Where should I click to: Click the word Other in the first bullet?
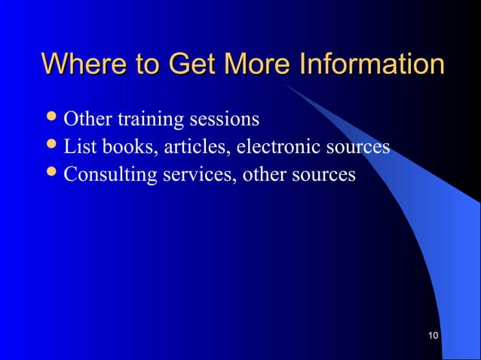click(86, 119)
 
